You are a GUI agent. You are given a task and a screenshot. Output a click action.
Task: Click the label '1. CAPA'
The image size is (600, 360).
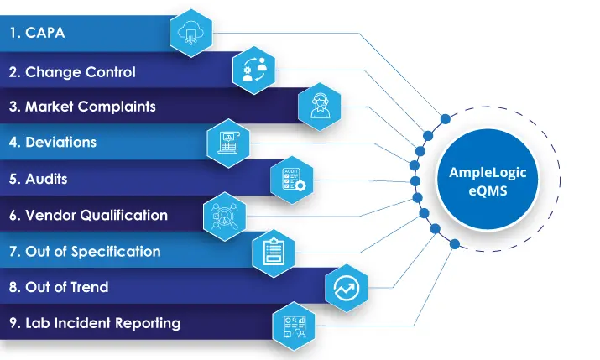37,34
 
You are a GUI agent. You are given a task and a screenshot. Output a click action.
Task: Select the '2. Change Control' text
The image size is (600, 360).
72,71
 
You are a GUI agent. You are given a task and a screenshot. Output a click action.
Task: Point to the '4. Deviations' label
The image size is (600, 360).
53,143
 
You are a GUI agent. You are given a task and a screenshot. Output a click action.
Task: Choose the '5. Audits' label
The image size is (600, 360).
39,180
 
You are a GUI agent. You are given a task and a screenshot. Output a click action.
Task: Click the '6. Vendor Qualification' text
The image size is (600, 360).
88,215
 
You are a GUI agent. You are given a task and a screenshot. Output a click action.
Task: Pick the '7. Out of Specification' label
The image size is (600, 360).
85,251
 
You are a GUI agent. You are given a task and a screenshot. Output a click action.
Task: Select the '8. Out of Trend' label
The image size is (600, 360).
59,287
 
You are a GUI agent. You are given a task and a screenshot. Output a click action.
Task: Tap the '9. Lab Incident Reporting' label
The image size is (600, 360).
94,323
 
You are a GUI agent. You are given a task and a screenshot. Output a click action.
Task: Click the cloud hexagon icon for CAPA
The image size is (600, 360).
189,34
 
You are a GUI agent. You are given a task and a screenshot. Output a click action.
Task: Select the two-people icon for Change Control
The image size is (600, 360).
253,70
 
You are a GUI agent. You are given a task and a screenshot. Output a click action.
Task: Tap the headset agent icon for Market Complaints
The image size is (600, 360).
320,105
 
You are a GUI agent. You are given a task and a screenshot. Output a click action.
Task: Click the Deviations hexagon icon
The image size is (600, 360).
228,141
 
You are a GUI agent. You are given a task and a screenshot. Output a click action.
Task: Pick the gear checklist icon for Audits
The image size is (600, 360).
292,178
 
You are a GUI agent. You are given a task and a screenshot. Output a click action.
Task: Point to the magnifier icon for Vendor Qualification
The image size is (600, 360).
225,215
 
